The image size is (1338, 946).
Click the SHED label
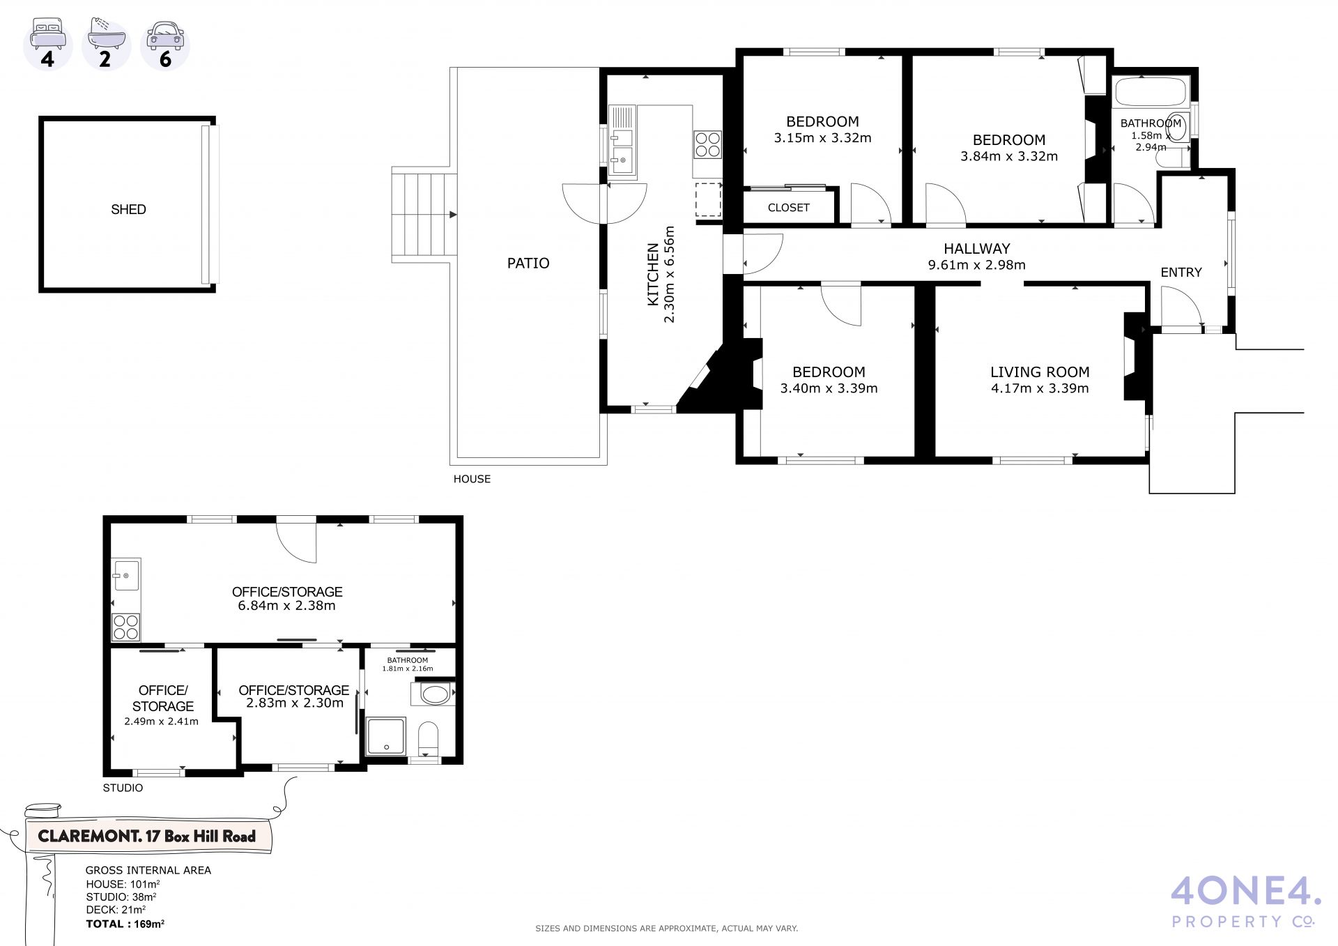point(128,209)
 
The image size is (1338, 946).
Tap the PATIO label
point(528,263)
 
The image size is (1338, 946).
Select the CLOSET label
point(789,208)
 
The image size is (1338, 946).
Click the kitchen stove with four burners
point(707,144)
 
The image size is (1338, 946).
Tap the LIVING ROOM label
point(1040,372)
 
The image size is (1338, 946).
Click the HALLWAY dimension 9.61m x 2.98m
point(977,265)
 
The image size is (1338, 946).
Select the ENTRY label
point(1181,273)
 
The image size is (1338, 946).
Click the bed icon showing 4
point(47,44)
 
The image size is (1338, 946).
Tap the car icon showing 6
point(165,44)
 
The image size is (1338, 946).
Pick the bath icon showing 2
point(106,44)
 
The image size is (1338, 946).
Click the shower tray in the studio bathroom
point(385,736)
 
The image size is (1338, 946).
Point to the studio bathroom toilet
point(428,739)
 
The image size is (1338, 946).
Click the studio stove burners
point(126,627)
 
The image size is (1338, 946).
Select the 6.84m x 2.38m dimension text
point(287,606)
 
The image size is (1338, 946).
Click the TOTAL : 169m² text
point(125,924)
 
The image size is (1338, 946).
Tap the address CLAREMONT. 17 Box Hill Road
point(147,837)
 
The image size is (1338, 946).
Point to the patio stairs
point(424,215)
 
